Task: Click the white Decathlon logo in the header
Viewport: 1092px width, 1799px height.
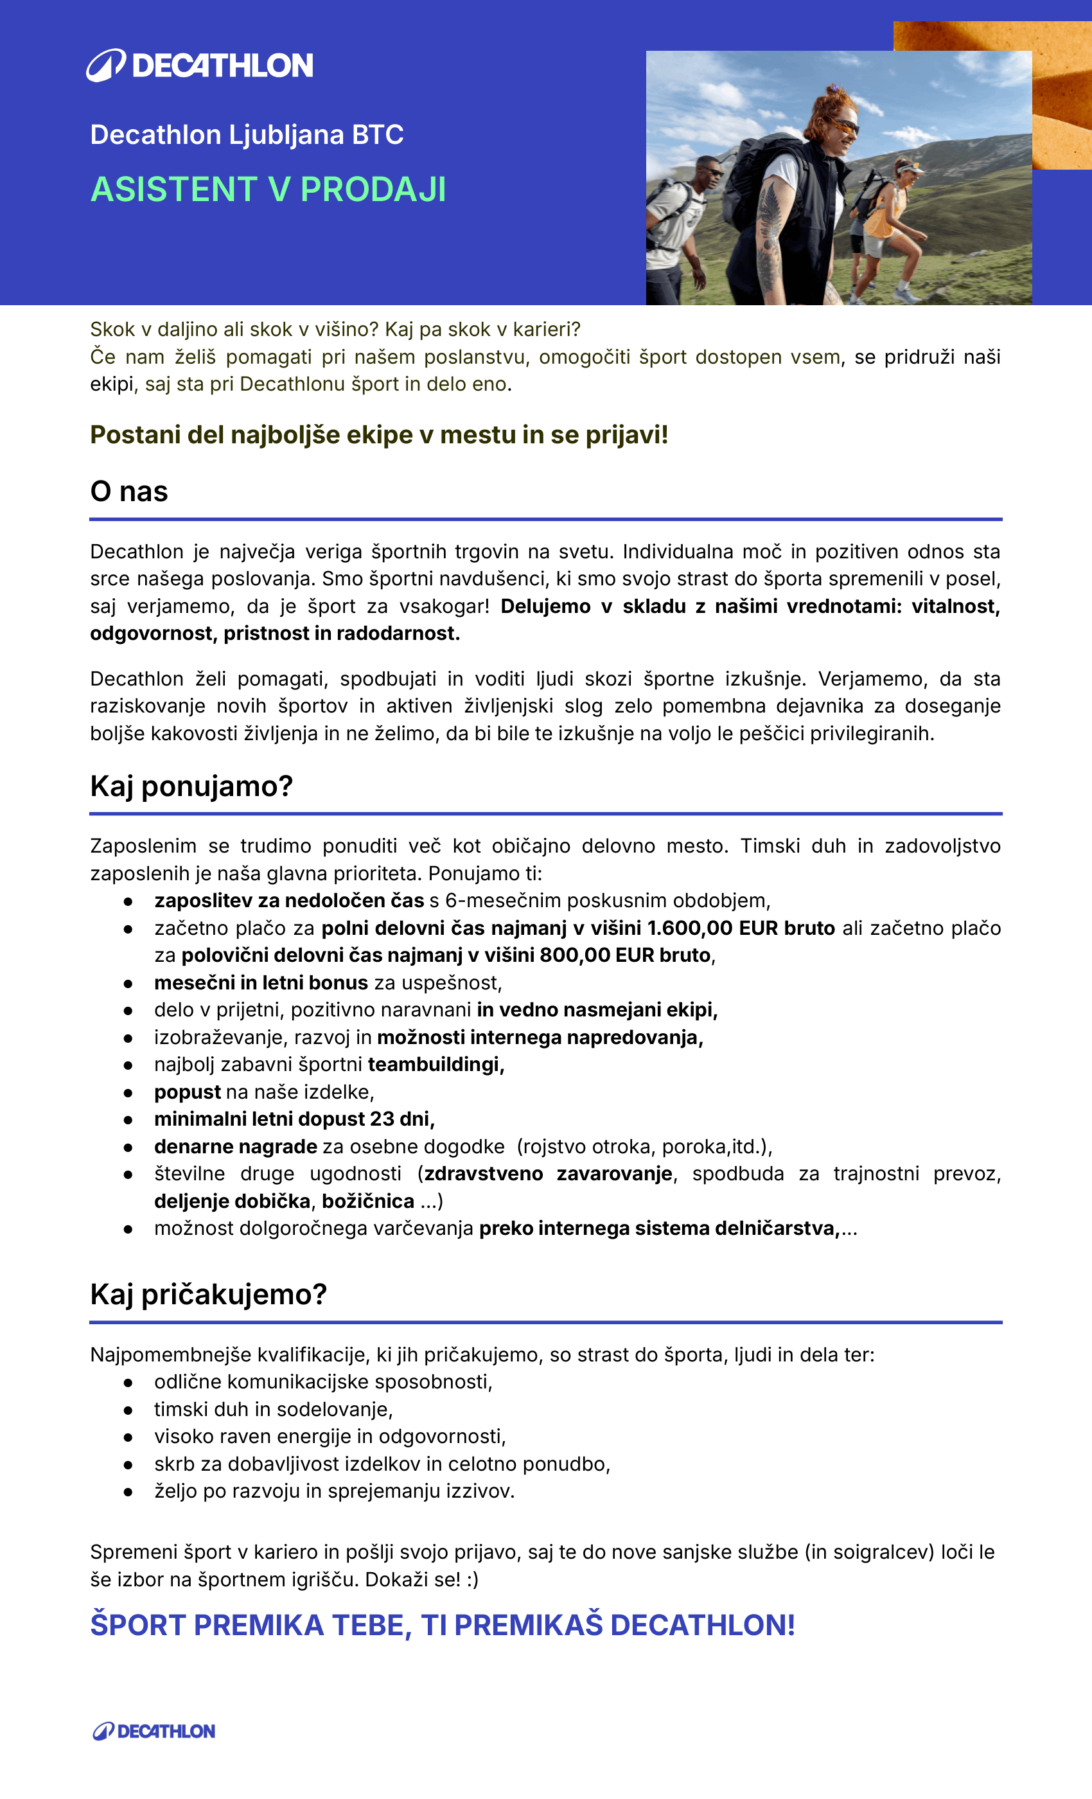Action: click(199, 65)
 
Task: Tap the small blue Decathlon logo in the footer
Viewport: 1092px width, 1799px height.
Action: click(154, 1731)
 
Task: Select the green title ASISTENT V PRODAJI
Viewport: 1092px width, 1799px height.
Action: click(268, 189)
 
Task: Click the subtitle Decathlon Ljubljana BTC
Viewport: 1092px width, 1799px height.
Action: click(247, 135)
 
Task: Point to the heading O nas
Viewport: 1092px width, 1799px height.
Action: click(128, 492)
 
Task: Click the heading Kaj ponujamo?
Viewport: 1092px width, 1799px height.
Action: click(191, 786)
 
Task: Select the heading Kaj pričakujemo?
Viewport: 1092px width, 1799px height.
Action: click(208, 1295)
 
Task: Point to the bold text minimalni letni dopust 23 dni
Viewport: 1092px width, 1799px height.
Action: click(294, 1119)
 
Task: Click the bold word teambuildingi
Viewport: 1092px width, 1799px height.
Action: click(435, 1065)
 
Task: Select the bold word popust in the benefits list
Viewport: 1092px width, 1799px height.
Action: click(187, 1092)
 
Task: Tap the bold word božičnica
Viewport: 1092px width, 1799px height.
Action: click(368, 1201)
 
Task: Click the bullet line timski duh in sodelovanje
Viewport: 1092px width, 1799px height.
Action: click(273, 1409)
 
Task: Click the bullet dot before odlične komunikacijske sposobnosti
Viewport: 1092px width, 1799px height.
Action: click(128, 1382)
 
